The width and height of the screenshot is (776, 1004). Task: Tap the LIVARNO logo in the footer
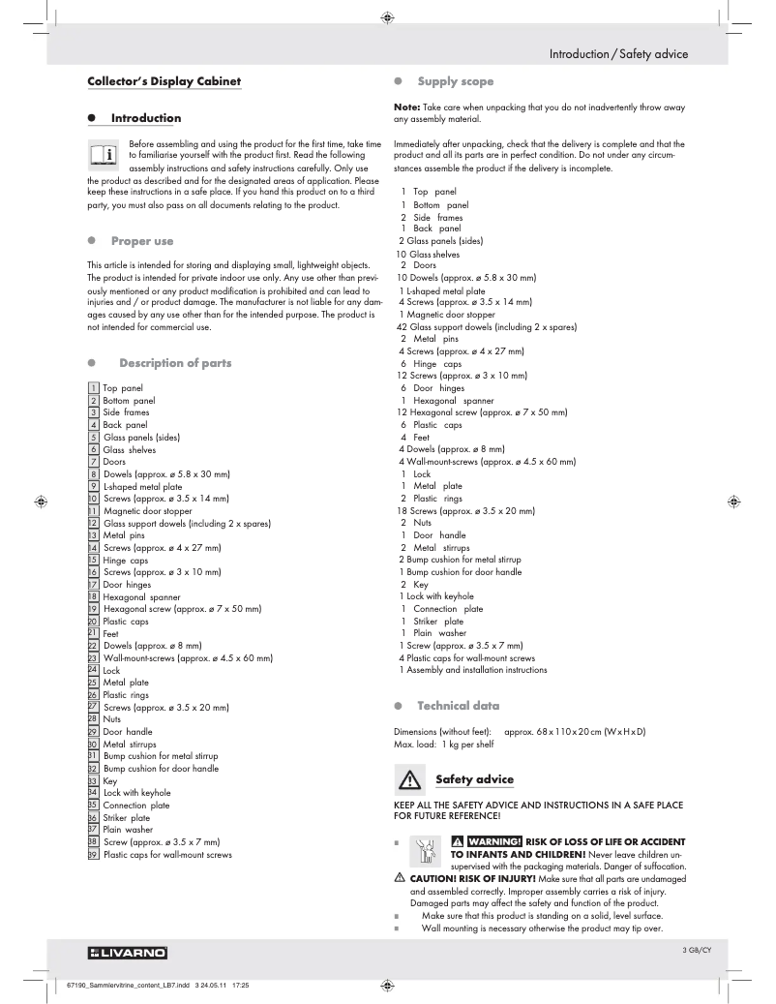click(x=128, y=954)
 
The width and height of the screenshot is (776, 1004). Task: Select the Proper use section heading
click(x=142, y=240)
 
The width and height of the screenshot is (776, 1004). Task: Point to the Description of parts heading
click(x=174, y=363)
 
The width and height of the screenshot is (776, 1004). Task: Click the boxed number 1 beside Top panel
click(x=93, y=388)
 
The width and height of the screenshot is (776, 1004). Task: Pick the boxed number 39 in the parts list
click(x=93, y=855)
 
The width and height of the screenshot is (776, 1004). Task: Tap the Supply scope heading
click(x=455, y=82)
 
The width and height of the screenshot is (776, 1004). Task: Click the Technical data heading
click(x=458, y=706)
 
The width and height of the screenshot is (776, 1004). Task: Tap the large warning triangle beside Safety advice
click(x=411, y=779)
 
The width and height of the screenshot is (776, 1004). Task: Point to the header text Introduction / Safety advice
click(x=618, y=54)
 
